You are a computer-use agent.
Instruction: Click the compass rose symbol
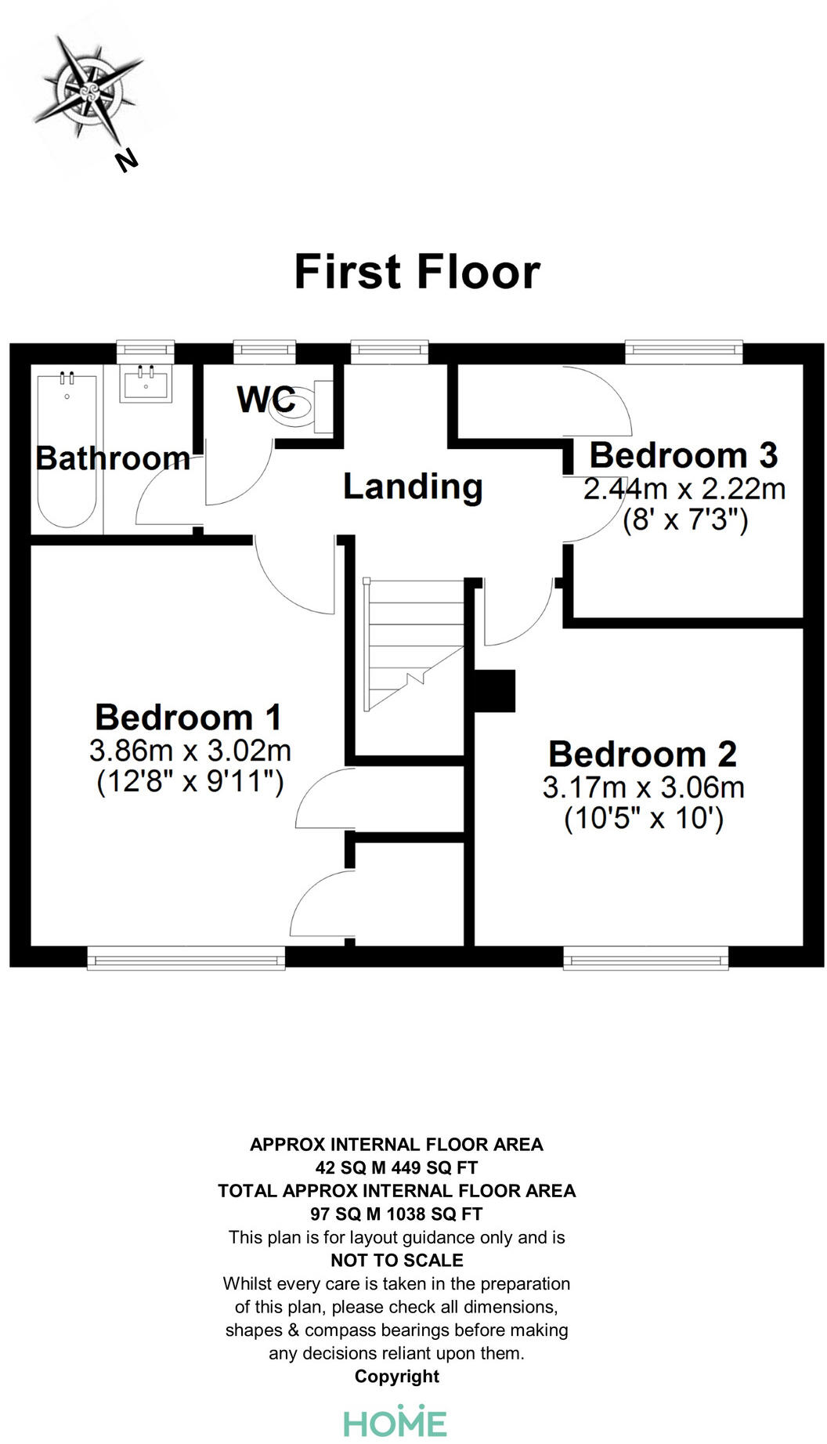[x=88, y=89]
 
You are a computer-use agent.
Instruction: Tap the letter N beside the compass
[x=126, y=160]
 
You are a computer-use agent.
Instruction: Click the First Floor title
[x=417, y=272]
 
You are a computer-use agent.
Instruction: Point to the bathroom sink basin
[x=146, y=384]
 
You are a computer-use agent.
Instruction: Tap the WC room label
[x=266, y=399]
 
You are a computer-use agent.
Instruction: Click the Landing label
[x=413, y=487]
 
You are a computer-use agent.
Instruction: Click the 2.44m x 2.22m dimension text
[x=684, y=489]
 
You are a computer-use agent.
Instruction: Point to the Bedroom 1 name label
[x=188, y=717]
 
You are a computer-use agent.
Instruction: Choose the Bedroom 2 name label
[x=642, y=754]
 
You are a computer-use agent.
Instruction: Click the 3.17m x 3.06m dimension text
[x=643, y=787]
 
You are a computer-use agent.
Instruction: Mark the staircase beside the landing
[x=414, y=645]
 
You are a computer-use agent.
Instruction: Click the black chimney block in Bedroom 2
[x=495, y=690]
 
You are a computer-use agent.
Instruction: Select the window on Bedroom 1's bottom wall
[x=186, y=957]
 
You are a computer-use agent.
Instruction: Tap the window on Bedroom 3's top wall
[x=684, y=353]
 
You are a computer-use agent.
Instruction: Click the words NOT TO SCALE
[x=397, y=1261]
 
